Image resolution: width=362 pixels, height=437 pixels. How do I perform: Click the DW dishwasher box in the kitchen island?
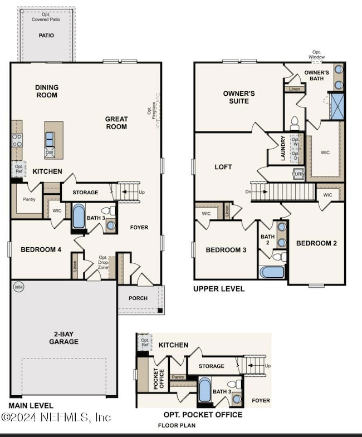click(x=50, y=152)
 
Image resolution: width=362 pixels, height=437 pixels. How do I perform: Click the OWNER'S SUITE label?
click(x=239, y=97)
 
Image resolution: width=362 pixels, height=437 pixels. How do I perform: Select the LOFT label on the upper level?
click(x=223, y=166)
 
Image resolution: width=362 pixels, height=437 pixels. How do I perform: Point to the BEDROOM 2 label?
click(x=316, y=243)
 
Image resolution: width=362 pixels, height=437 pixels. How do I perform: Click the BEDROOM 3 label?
click(x=226, y=250)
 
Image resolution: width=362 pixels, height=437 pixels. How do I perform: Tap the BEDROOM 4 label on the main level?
click(x=41, y=249)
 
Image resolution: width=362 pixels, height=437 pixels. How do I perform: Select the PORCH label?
click(x=138, y=298)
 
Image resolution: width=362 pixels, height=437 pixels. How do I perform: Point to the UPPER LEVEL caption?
click(x=219, y=289)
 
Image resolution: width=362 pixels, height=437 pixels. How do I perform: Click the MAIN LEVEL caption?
click(x=31, y=405)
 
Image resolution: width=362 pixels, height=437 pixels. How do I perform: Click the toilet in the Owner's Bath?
click(x=295, y=122)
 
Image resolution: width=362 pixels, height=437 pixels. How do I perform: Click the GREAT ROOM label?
click(x=116, y=122)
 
